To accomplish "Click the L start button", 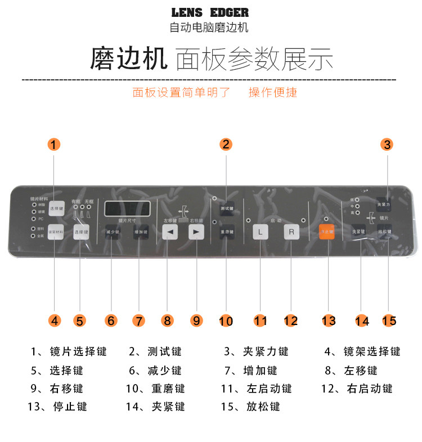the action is (260, 231).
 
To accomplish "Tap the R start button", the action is (291, 231).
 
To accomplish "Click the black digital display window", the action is (127, 208).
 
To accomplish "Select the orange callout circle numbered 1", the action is (53, 145).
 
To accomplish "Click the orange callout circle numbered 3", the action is (387, 144).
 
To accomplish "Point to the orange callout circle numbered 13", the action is (329, 321).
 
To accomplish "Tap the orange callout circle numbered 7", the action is (138, 321).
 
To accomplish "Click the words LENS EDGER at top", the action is (209, 12).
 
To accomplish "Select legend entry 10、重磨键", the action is (155, 389).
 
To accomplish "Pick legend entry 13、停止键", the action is (57, 406).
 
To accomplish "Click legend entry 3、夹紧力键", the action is (256, 351).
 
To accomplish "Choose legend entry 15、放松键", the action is (250, 406).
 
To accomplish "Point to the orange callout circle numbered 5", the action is (80, 321).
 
